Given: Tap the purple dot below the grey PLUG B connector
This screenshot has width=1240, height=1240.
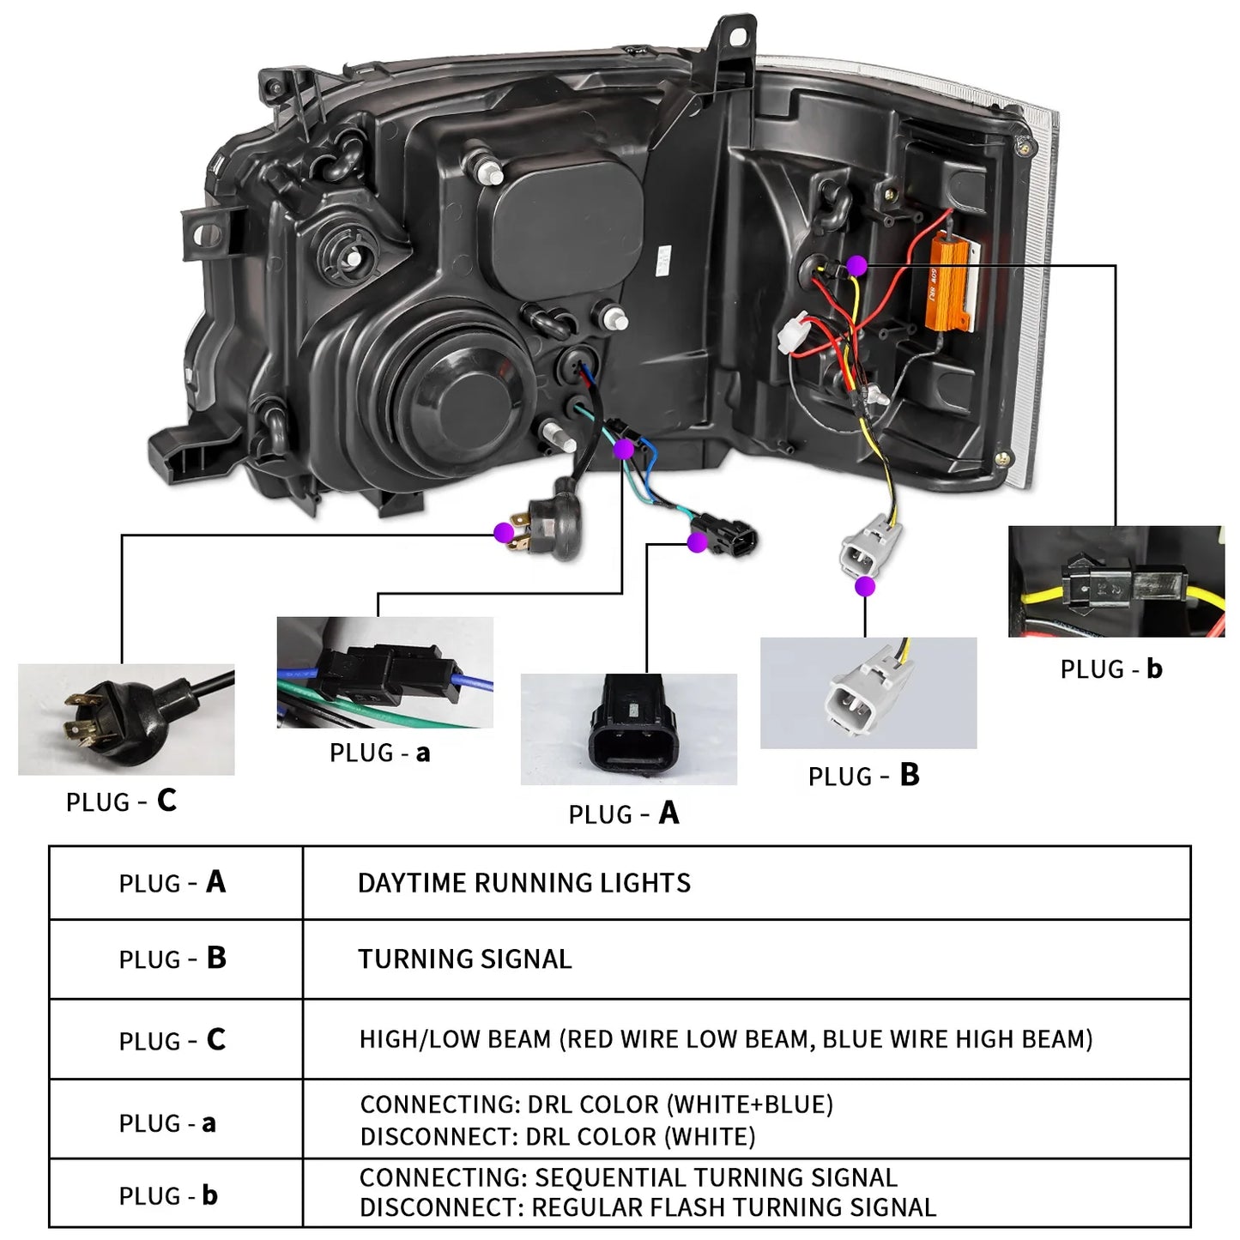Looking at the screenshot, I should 865,586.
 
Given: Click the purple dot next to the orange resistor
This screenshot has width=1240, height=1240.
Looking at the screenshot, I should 856,266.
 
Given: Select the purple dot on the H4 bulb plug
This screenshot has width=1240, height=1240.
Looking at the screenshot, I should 505,533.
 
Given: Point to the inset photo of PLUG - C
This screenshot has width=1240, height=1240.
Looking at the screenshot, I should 126,719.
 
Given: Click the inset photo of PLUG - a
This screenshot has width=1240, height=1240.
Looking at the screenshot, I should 384,672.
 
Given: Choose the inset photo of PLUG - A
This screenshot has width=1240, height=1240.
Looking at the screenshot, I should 628,729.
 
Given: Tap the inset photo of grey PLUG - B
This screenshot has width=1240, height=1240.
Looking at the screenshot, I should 868,693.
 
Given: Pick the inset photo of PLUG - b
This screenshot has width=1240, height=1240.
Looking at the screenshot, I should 1116,581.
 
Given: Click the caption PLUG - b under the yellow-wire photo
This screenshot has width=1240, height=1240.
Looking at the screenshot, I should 1110,669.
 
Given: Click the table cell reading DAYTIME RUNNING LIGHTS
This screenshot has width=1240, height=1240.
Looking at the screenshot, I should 523,883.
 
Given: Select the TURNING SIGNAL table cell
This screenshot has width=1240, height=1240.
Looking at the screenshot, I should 464,959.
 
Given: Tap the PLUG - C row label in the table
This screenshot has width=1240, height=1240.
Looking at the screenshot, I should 172,1040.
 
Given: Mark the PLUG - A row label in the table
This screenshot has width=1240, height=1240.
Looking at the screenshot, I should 172,882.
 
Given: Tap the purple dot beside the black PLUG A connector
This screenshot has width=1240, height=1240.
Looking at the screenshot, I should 697,541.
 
